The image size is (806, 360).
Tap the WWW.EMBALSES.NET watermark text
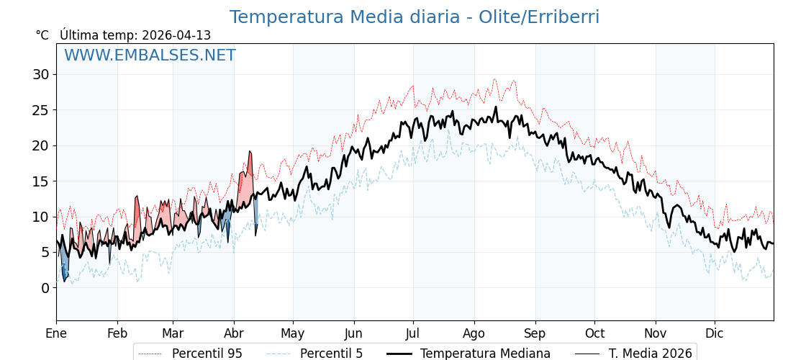coord(150,55)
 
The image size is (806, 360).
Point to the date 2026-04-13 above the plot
coord(176,35)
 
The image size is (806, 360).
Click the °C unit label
coord(42,35)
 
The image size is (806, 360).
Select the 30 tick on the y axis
coord(40,74)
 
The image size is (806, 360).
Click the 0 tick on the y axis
coord(45,288)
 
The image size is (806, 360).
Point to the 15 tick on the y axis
coord(40,181)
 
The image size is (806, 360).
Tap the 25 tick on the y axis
coord(40,110)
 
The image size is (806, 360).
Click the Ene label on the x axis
coord(56,333)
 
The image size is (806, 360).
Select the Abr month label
coord(234,333)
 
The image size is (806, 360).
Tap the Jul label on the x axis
coord(413,333)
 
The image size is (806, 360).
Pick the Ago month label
coord(474,333)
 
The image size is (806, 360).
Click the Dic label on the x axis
coord(715,333)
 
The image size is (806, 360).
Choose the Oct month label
coord(594,333)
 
